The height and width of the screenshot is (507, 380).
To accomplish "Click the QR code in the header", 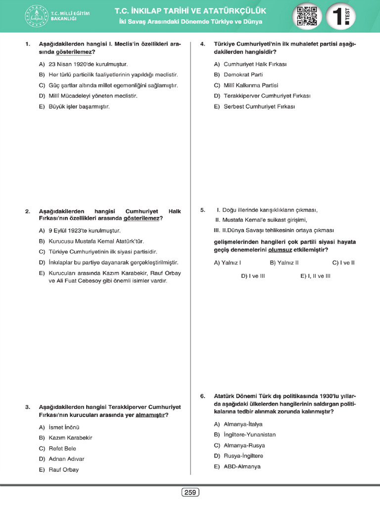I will tap(306, 16).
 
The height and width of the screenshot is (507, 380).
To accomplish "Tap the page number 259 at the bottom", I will tap(190, 492).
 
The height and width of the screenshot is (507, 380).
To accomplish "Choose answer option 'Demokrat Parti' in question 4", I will tap(243, 75).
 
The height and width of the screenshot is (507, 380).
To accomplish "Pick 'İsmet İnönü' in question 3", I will tap(64, 427).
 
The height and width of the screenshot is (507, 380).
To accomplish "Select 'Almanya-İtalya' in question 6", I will tap(243, 424).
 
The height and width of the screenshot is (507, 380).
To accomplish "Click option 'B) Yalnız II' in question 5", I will tap(284, 263).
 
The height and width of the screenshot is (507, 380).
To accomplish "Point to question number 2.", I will tap(28, 211).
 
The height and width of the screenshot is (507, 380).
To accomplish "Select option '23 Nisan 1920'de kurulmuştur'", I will tap(88, 64).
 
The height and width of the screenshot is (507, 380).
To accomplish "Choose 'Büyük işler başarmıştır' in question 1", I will tap(79, 106).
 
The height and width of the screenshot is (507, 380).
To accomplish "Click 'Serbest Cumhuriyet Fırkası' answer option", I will tap(259, 106).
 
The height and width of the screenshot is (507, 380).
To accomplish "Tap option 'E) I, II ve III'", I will tap(315, 276).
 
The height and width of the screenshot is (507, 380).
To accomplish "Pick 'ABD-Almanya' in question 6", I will tap(241, 466).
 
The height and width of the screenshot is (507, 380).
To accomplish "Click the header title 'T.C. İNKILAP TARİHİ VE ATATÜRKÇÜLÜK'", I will tap(190, 11).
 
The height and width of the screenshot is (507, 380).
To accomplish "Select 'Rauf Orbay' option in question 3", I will tap(63, 469).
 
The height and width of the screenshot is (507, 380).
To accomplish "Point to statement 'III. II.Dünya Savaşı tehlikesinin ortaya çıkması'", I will tap(274, 230).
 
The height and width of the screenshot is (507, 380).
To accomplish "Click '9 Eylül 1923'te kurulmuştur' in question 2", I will tap(84, 230).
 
